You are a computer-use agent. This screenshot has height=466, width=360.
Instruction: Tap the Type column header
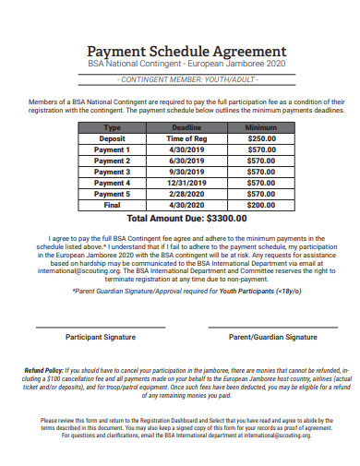112,126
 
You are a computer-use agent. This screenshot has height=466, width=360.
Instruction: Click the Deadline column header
186,126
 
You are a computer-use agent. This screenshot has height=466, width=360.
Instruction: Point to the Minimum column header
260,126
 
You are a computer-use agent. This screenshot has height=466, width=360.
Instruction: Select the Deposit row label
112,137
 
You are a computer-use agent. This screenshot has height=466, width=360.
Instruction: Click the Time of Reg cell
186,137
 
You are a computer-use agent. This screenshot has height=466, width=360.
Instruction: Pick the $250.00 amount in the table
260,137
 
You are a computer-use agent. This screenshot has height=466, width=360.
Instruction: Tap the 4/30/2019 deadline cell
186,149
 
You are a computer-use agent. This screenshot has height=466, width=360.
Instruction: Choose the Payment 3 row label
112,172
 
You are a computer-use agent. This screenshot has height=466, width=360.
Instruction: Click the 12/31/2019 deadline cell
186,183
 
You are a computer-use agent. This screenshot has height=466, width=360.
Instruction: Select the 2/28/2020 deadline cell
186,194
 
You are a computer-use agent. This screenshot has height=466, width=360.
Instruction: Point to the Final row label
112,205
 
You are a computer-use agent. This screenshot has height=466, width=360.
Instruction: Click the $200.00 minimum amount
260,205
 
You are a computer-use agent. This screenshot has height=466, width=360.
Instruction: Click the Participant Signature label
100,338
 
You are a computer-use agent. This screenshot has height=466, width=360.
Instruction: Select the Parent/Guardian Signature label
273,338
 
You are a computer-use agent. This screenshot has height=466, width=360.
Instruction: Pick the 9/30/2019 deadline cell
186,172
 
